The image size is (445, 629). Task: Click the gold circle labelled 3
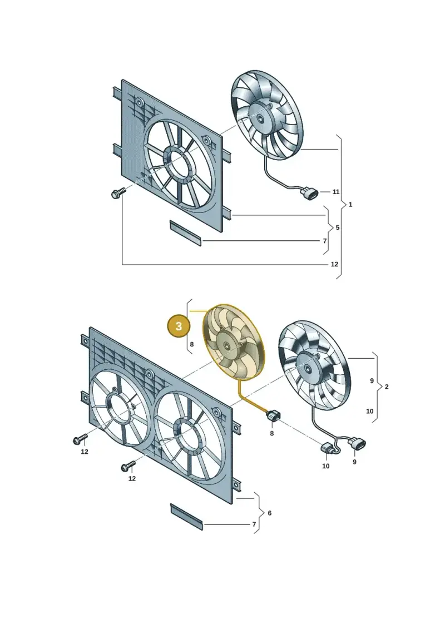coord(179,326)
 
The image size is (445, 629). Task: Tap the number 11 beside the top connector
coord(336,192)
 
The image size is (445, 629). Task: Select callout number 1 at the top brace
coord(350,205)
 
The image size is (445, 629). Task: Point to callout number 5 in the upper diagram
coord(338,227)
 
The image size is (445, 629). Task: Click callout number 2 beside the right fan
coord(387,387)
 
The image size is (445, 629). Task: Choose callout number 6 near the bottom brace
coord(270,513)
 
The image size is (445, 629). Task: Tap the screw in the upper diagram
coord(117,194)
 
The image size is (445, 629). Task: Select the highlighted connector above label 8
coord(273,417)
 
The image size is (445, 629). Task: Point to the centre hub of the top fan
coord(261,117)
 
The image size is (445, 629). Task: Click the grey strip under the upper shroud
coord(185,232)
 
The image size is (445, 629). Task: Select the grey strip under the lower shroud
coord(187,517)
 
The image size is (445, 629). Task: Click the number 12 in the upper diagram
coord(335,264)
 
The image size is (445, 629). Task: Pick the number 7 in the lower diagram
coord(254,524)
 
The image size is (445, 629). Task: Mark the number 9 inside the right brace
coord(372,381)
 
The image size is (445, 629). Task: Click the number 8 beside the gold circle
coord(192,344)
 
